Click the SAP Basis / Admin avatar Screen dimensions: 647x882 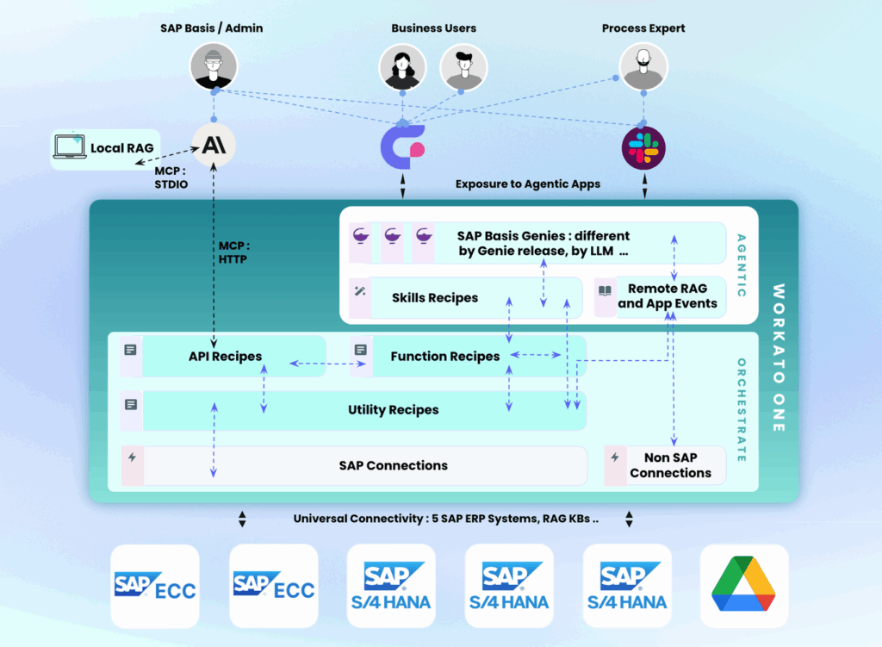pos(212,67)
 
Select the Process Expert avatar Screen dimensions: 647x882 pos(643,67)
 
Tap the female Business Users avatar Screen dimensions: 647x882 pos(402,67)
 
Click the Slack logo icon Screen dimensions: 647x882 pos(643,147)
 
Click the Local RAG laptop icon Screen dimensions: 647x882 pos(70,148)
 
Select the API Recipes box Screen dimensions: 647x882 pos(224,357)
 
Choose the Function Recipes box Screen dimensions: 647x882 pos(444,357)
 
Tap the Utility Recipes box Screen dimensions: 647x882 pos(393,410)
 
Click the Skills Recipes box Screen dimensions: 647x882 pos(434,298)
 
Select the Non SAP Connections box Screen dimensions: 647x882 pos(670,465)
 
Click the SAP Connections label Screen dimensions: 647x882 pos(393,465)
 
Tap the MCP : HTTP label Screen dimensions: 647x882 pos(233,252)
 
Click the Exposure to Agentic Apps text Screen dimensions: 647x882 pos(528,184)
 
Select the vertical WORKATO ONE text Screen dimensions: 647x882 pos(779,358)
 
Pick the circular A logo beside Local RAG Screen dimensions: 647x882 pos(213,145)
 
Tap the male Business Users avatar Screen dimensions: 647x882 pos(463,67)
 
